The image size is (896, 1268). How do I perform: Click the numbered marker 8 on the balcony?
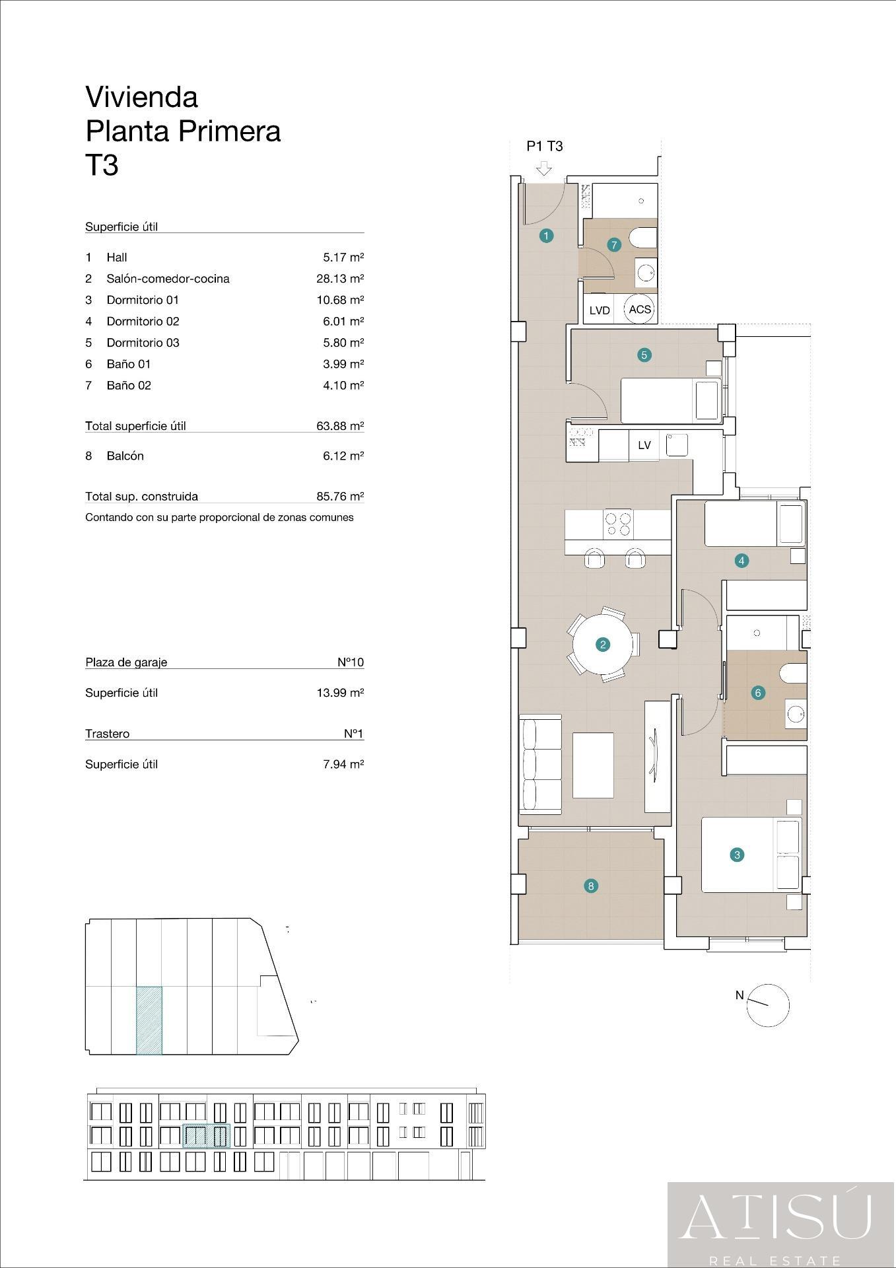pos(591,886)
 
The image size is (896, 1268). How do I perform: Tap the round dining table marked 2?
pos(603,645)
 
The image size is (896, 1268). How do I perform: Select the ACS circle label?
pos(639,309)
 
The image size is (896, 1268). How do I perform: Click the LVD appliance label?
pos(600,310)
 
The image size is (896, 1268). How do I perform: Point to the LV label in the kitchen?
pos(644,445)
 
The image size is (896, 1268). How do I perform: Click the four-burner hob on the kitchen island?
pos(618,524)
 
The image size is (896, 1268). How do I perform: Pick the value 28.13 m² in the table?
pos(340,279)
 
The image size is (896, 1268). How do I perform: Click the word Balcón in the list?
pos(125,456)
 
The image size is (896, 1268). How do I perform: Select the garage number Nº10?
pos(351,662)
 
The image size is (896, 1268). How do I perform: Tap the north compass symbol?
pos(768,1005)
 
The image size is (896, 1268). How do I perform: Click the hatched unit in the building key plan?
pos(149,1020)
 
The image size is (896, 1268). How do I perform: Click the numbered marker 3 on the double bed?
pos(737,855)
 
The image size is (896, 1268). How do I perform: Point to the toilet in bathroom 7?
pos(642,238)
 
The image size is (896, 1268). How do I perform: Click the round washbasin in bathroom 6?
pos(796,713)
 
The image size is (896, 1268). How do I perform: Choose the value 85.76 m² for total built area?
pos(340,497)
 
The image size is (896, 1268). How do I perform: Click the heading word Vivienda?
pos(142,97)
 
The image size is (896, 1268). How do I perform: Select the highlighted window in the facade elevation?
pos(206,1136)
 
